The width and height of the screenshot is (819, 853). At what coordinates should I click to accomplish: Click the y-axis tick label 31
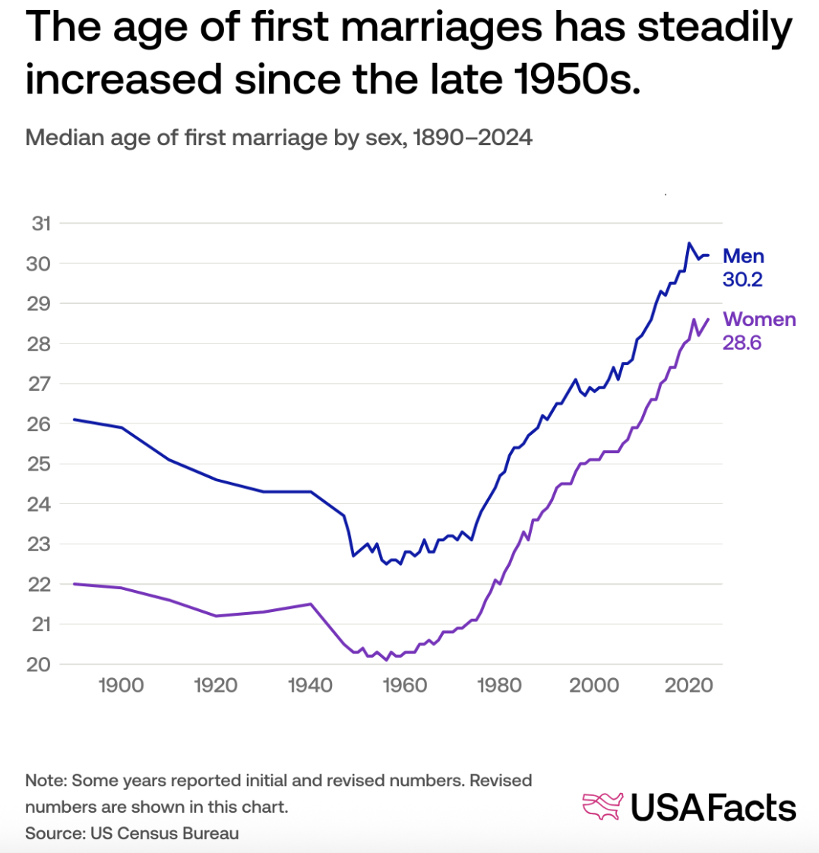[40, 224]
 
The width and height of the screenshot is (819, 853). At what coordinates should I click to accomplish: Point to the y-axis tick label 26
[40, 424]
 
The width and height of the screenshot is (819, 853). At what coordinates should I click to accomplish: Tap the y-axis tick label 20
[40, 664]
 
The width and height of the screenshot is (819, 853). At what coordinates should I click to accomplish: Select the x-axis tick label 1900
[121, 686]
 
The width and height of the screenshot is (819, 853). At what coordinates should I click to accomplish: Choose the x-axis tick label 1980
[499, 686]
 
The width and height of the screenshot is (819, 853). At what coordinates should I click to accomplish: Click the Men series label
[743, 256]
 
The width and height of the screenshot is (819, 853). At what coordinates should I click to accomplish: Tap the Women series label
[759, 319]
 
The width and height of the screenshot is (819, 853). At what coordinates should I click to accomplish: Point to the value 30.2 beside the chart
[742, 280]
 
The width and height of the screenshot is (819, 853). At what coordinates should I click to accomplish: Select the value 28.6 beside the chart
[742, 343]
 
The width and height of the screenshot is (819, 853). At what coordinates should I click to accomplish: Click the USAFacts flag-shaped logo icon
[602, 807]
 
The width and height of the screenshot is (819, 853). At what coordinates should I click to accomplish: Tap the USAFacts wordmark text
[713, 807]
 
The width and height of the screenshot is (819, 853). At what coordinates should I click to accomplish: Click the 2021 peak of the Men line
[688, 243]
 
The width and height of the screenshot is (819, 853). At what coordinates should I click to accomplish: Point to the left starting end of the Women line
[74, 584]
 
